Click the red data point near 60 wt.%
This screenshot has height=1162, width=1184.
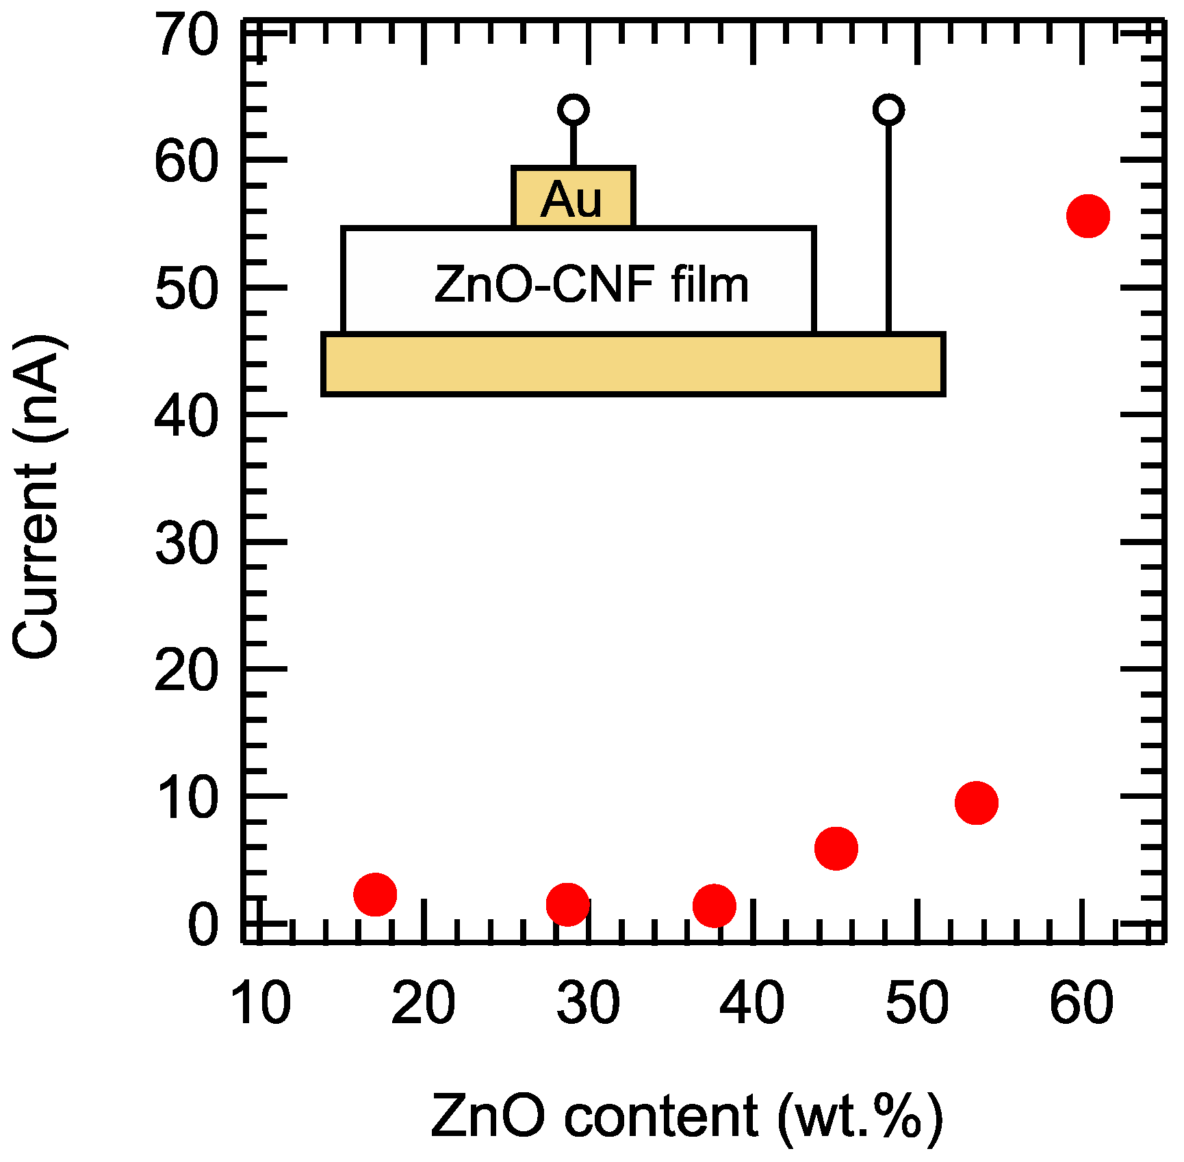pos(1088,216)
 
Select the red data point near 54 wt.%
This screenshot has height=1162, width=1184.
pos(976,802)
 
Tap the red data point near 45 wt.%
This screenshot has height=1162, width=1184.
pos(836,848)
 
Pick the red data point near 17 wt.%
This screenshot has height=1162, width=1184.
pos(375,894)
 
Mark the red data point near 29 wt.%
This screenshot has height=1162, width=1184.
pos(567,904)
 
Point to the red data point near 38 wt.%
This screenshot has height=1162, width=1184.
pos(714,906)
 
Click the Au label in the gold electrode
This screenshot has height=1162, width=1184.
pos(572,200)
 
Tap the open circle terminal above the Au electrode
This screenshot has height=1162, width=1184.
pos(573,109)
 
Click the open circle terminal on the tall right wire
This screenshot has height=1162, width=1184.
pos(888,109)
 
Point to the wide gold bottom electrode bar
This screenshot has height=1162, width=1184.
pos(633,365)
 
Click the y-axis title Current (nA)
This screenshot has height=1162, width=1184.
pos(39,498)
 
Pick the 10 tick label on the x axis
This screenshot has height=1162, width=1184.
pos(261,1003)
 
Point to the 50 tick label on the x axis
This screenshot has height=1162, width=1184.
pos(916,1003)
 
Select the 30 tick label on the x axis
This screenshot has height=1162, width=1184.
pos(588,1003)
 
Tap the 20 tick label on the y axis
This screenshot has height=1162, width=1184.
pos(185,670)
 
